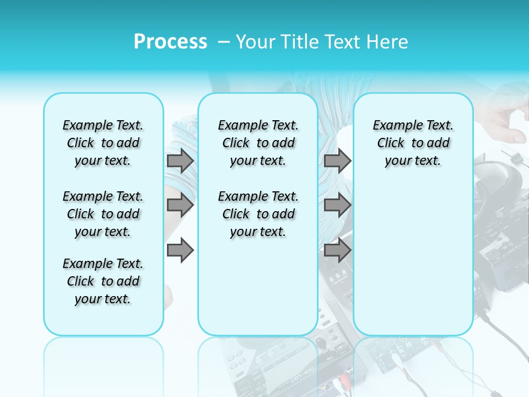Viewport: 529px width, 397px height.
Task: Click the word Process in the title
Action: (x=170, y=42)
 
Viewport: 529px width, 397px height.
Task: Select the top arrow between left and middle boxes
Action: (x=180, y=160)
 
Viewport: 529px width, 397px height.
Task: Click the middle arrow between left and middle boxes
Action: (x=180, y=205)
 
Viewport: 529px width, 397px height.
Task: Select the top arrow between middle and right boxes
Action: (x=337, y=160)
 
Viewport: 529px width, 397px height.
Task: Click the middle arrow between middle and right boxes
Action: (x=337, y=205)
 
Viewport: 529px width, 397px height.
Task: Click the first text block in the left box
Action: (x=103, y=143)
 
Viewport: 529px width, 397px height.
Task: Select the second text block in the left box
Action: (x=103, y=214)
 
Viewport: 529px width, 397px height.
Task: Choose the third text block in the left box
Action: (x=103, y=281)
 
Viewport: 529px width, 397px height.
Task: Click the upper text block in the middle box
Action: (x=258, y=143)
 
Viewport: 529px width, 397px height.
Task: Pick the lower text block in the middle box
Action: (x=258, y=214)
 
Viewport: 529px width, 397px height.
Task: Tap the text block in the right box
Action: (x=413, y=143)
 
